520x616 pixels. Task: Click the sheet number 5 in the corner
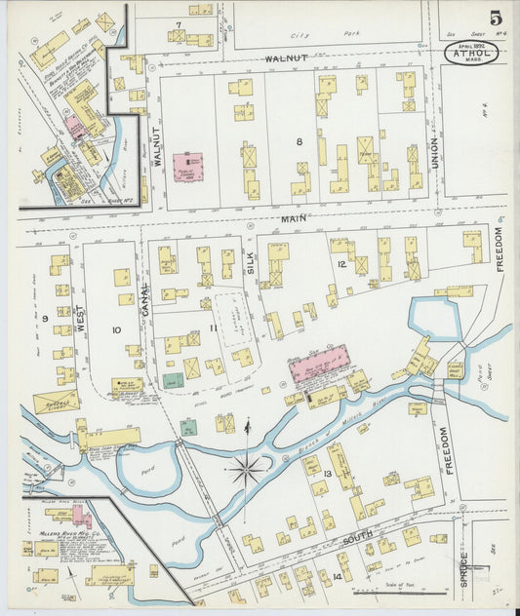tap(498, 18)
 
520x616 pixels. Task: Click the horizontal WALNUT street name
tap(286, 58)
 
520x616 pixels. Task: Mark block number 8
tap(300, 142)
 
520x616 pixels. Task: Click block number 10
tap(116, 330)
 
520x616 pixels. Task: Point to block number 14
tap(337, 577)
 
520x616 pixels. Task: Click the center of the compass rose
tap(247, 470)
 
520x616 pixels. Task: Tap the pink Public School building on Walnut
tap(188, 167)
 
